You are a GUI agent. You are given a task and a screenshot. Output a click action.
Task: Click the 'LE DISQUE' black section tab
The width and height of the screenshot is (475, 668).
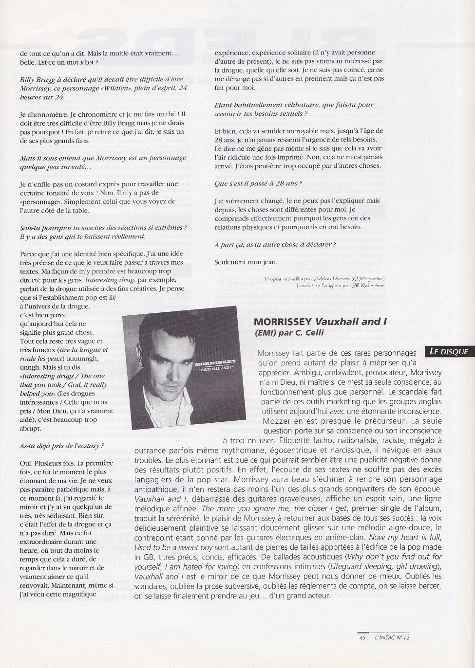448,352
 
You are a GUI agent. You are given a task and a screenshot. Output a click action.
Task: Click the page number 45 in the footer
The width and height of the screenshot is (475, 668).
362,637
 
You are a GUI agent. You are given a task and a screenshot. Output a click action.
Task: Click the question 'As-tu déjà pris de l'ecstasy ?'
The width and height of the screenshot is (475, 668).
62,445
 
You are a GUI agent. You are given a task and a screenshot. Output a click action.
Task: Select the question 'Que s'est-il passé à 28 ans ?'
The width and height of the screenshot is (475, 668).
258,183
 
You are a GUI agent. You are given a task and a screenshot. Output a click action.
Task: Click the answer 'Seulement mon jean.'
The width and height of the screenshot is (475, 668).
246,261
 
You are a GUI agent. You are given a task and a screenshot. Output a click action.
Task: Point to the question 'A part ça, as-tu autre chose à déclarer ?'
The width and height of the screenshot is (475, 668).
275,244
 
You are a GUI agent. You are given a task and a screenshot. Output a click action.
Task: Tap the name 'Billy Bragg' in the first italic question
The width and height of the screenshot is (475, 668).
38,79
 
